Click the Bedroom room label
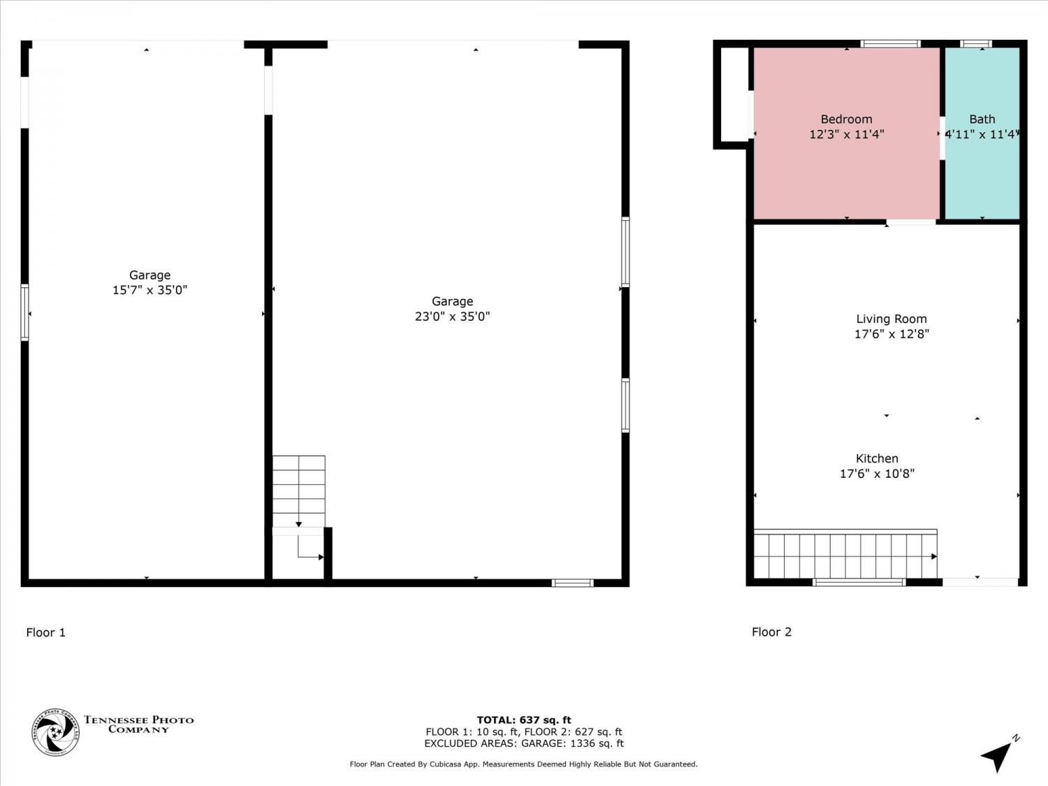pyautogui.click(x=846, y=119)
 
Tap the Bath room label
pyautogui.click(x=982, y=119)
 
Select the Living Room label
pyautogui.click(x=891, y=319)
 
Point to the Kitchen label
pyautogui.click(x=877, y=458)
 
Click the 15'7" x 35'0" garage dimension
pyautogui.click(x=150, y=290)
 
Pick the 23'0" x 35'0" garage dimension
pyautogui.click(x=452, y=316)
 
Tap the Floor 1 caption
pyautogui.click(x=45, y=632)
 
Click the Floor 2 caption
pyautogui.click(x=771, y=632)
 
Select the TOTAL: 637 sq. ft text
pyautogui.click(x=524, y=720)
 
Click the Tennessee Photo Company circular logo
pyautogui.click(x=55, y=732)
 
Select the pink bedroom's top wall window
pyautogui.click(x=890, y=44)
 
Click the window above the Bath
pyautogui.click(x=976, y=44)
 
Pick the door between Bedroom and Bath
pyautogui.click(x=942, y=138)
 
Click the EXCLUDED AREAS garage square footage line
pyautogui.click(x=524, y=743)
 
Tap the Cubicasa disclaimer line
pyautogui.click(x=524, y=764)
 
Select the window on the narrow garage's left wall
pyautogui.click(x=25, y=312)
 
